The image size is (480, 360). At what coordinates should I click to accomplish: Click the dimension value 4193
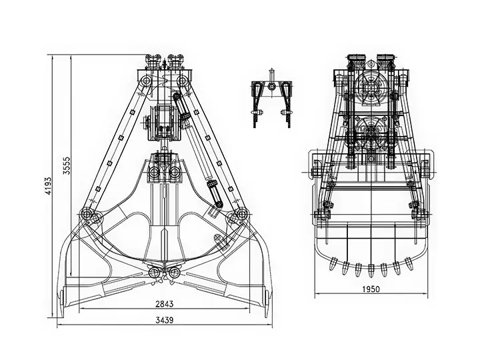coord(48,186)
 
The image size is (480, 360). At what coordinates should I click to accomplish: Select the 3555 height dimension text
coord(67,165)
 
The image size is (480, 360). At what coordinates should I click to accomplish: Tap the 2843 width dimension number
coord(165,304)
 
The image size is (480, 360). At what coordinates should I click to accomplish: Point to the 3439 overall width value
coord(165,320)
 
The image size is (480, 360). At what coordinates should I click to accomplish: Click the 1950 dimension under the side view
coord(371,289)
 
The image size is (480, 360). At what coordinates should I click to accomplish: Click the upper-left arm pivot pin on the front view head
coord(145,81)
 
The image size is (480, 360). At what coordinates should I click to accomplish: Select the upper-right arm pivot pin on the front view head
coord(183,81)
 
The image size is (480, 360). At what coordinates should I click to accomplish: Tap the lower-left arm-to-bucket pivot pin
coord(87,214)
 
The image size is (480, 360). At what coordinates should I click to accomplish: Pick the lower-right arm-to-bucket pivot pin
coord(241,213)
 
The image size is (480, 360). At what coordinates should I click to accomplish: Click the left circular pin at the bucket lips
coord(153,272)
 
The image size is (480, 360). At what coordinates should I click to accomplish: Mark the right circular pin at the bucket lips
coord(175,272)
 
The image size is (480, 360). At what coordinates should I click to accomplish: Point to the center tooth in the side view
coord(371,270)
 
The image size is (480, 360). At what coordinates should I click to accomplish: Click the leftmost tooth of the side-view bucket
coord(333,263)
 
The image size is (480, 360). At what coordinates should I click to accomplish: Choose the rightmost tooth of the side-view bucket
coord(409,263)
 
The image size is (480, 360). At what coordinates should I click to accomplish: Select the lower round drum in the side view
coord(371,131)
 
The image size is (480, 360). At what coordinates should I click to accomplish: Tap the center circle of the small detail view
coord(271,86)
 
